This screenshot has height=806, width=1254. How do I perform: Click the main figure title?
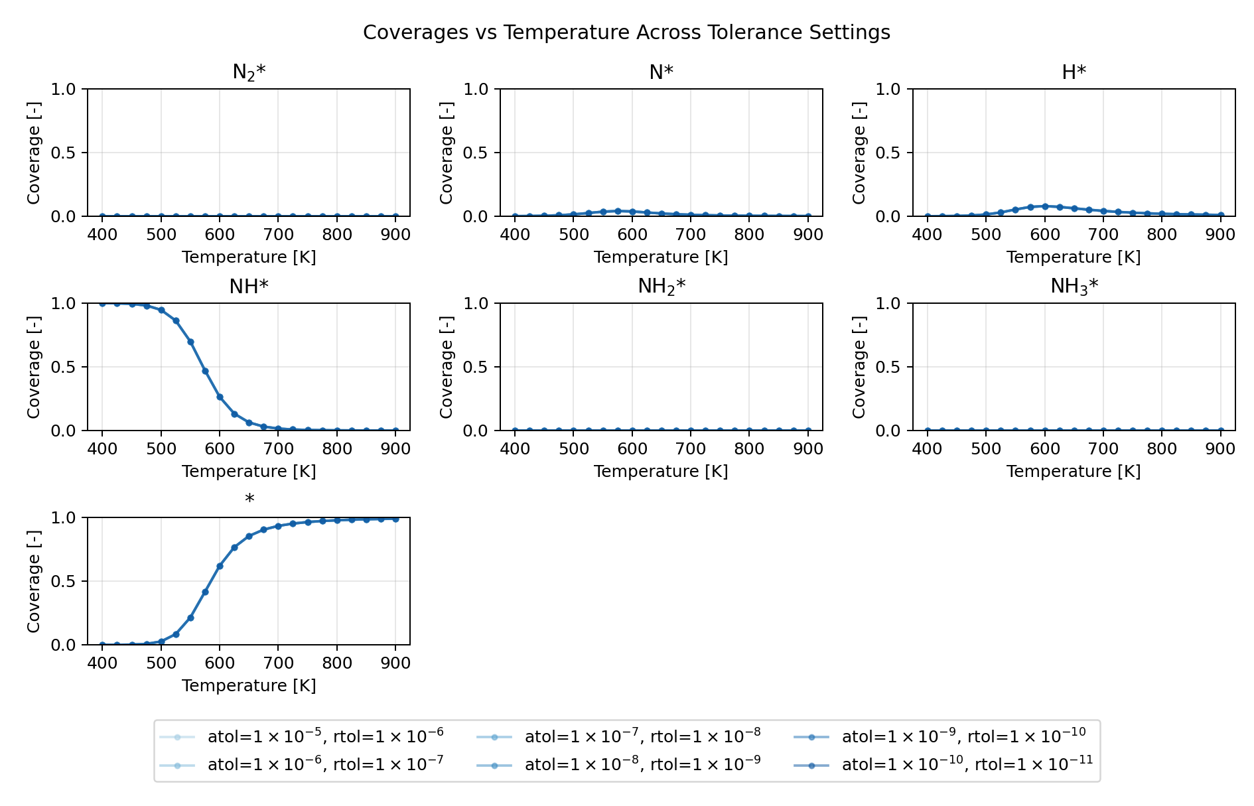pyautogui.click(x=626, y=33)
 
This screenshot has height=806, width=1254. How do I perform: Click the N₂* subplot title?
pyautogui.click(x=249, y=72)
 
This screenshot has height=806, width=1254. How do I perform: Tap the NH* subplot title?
pyautogui.click(x=249, y=287)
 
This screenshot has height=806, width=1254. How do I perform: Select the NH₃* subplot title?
pyautogui.click(x=1074, y=287)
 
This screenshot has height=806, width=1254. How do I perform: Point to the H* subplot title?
pyautogui.click(x=1074, y=72)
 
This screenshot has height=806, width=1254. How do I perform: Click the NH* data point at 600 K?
pyautogui.click(x=220, y=397)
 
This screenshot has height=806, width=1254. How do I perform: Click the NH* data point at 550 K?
pyautogui.click(x=190, y=342)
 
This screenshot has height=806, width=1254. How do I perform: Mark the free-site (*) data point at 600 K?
pyautogui.click(x=220, y=566)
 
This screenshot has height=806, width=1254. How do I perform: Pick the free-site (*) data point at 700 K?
pyautogui.click(x=278, y=525)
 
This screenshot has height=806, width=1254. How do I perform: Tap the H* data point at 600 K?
pyautogui.click(x=1045, y=206)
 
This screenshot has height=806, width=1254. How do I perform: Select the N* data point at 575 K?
pyautogui.click(x=618, y=211)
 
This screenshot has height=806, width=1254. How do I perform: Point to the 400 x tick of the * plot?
pyautogui.click(x=102, y=663)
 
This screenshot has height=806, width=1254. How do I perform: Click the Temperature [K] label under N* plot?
pyautogui.click(x=661, y=257)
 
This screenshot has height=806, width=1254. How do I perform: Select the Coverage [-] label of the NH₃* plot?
pyautogui.click(x=859, y=367)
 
